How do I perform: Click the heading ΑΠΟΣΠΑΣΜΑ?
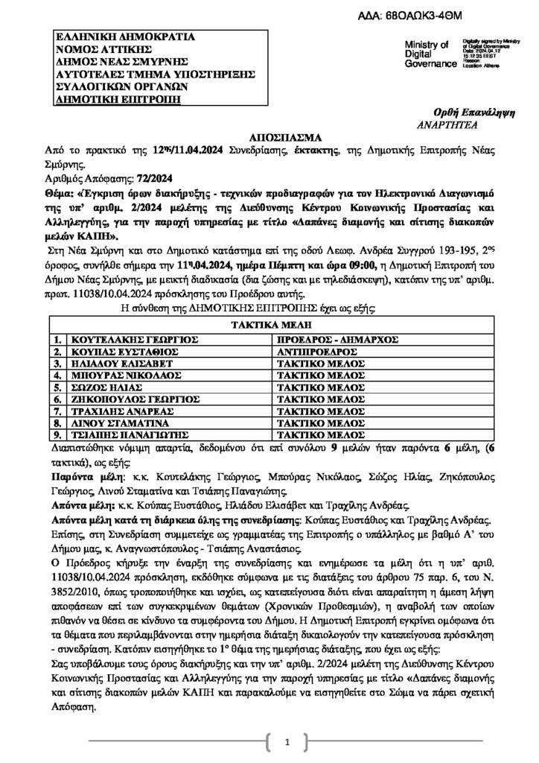[x=269, y=138]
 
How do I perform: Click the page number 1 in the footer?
[x=287, y=743]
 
